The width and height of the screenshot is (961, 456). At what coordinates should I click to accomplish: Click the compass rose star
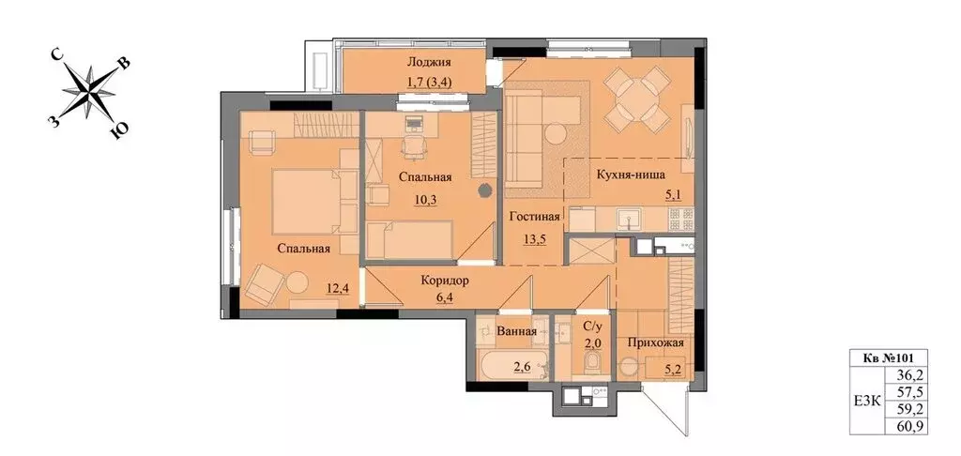(89, 92)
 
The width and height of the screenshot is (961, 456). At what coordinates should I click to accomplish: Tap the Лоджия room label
(429, 62)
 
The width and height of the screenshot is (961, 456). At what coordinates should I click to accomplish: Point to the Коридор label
(445, 281)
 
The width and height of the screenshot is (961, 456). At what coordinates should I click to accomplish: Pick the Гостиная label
(534, 218)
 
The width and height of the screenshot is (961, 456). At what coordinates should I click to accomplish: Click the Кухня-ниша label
(632, 175)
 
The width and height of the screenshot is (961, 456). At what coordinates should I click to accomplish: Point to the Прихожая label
(655, 343)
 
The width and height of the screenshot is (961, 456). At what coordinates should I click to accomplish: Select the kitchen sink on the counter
(630, 219)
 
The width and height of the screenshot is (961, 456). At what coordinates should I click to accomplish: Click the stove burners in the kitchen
(680, 218)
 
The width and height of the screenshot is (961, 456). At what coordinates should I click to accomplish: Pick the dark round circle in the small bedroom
(484, 190)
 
